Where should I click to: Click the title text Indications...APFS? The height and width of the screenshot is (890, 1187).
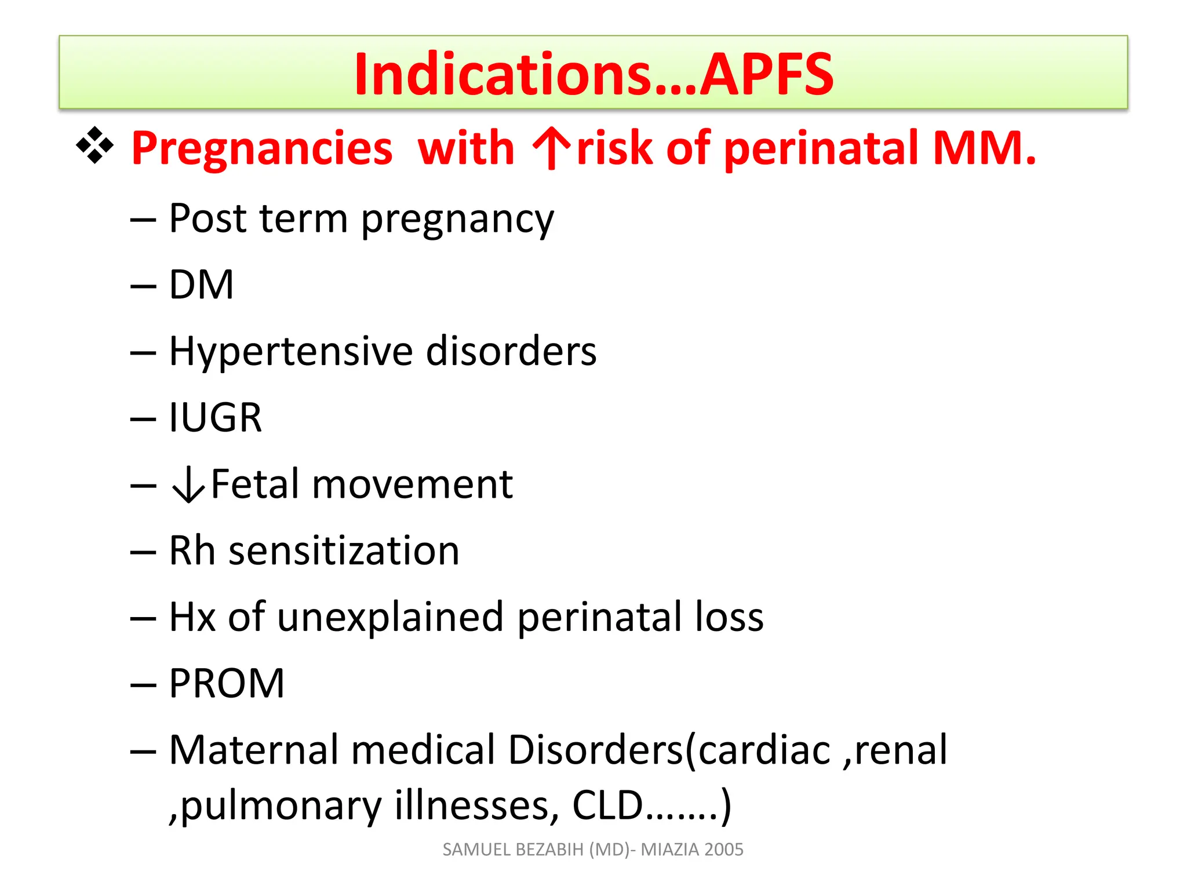point(593,74)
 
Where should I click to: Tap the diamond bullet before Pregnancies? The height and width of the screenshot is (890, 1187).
point(94,145)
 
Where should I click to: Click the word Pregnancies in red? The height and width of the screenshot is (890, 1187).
point(262,148)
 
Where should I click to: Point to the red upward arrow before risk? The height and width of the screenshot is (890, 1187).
point(552,148)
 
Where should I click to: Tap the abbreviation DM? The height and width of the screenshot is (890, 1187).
point(201,285)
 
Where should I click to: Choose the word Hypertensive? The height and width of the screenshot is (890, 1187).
point(290,352)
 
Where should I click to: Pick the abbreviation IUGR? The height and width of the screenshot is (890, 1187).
point(215,418)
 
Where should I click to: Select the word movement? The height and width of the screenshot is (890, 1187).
point(412,484)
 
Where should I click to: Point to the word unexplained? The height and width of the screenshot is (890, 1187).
point(390,617)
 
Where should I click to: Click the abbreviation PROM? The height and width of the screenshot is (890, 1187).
point(227,684)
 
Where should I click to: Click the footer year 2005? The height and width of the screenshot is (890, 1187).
point(724,849)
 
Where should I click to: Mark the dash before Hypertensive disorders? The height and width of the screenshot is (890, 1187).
point(143,352)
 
